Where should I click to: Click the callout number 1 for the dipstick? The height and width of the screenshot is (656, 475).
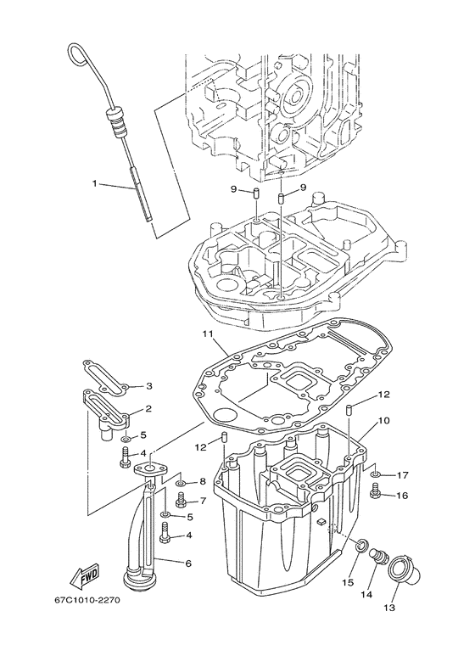point(96,182)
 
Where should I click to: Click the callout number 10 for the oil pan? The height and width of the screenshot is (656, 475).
point(383,420)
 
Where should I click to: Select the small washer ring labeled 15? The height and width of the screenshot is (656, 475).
point(360,544)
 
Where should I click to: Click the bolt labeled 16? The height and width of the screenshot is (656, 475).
point(375,490)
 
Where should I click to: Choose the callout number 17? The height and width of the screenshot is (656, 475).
point(403,475)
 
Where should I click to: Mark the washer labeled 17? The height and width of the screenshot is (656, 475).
point(376,474)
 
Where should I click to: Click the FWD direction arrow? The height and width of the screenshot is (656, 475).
point(87,578)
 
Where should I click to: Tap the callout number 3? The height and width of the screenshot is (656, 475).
point(148,385)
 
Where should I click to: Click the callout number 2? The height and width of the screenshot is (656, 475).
point(148,409)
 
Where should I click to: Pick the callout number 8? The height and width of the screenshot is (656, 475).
point(203,482)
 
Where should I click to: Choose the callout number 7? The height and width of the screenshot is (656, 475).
point(203,501)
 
